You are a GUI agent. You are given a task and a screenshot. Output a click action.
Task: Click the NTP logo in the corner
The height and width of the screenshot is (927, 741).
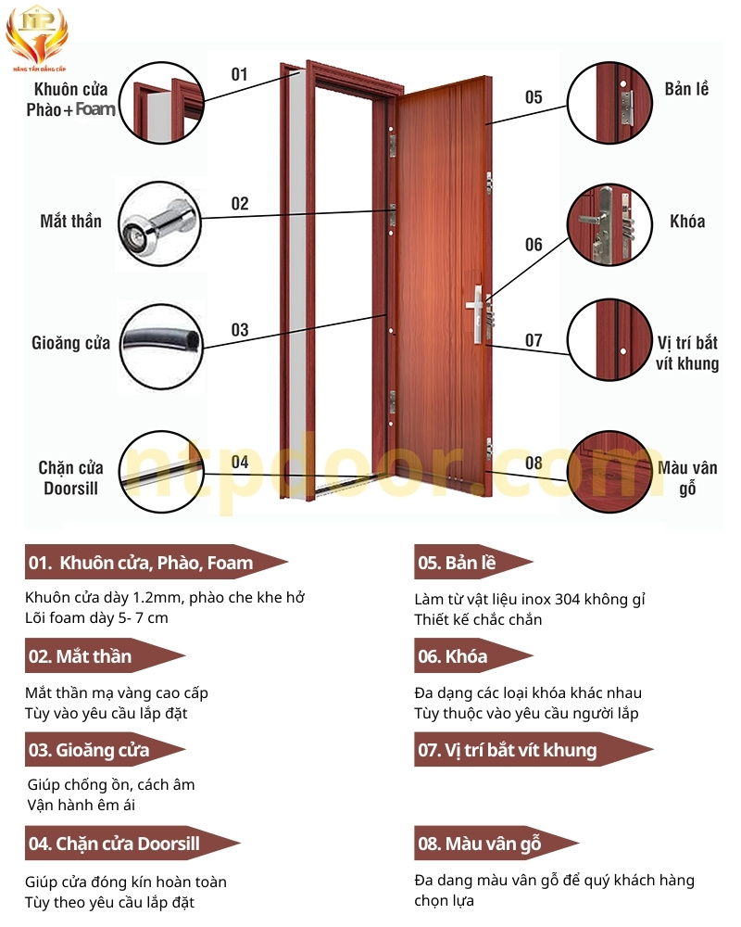coord(37,37)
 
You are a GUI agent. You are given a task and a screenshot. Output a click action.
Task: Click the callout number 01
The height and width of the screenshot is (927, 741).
coord(239,74)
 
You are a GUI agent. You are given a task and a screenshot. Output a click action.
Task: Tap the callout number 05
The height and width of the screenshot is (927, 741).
coord(534,97)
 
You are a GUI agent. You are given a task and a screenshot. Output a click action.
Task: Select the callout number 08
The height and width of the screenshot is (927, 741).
coord(534,463)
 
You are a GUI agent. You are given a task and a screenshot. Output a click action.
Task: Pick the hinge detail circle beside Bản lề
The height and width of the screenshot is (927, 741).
coord(609,102)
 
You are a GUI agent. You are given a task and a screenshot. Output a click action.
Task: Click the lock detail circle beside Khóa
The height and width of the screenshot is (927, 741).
coord(609,224)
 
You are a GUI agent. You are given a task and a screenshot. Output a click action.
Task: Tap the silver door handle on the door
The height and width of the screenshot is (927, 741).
coord(476,313)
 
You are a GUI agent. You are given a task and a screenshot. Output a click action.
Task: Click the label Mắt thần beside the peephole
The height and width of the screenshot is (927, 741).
coord(71,222)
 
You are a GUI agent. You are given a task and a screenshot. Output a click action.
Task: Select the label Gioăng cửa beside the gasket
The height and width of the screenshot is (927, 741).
coord(71,343)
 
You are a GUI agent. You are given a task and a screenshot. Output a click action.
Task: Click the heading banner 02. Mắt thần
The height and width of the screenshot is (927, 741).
coord(106,655)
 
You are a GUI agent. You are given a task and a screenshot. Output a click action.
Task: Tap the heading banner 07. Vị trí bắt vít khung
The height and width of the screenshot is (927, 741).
coord(534,750)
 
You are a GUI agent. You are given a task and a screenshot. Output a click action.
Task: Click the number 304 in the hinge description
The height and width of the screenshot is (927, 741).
coord(567,600)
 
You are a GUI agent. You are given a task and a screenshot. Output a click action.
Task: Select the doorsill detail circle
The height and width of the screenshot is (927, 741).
coord(161,472)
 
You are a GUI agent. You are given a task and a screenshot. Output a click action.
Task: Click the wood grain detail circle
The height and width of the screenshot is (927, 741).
coord(609,472)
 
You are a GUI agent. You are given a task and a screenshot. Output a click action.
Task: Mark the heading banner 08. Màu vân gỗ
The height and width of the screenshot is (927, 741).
coord(496,843)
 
